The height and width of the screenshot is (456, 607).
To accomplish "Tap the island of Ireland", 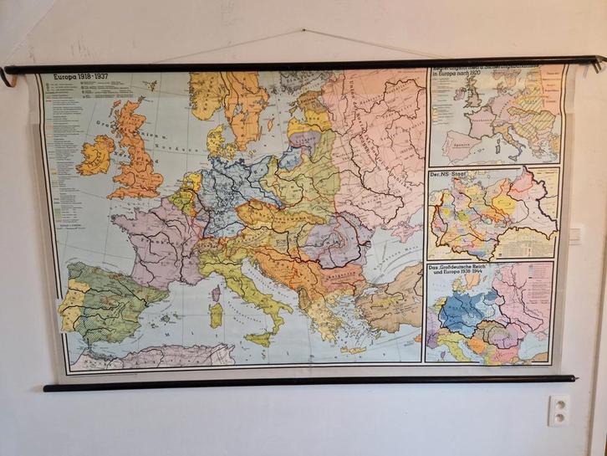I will (x=94, y=155).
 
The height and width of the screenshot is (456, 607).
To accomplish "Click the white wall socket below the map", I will (x=559, y=410).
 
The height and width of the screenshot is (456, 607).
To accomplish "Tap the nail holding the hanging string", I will (x=303, y=33).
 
